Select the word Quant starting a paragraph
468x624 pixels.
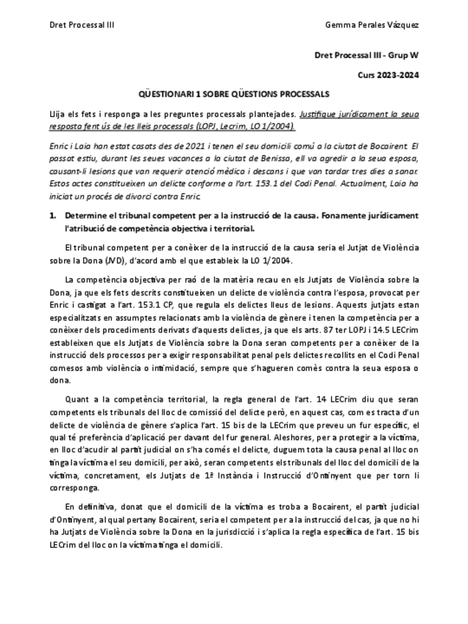pos(76,398)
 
